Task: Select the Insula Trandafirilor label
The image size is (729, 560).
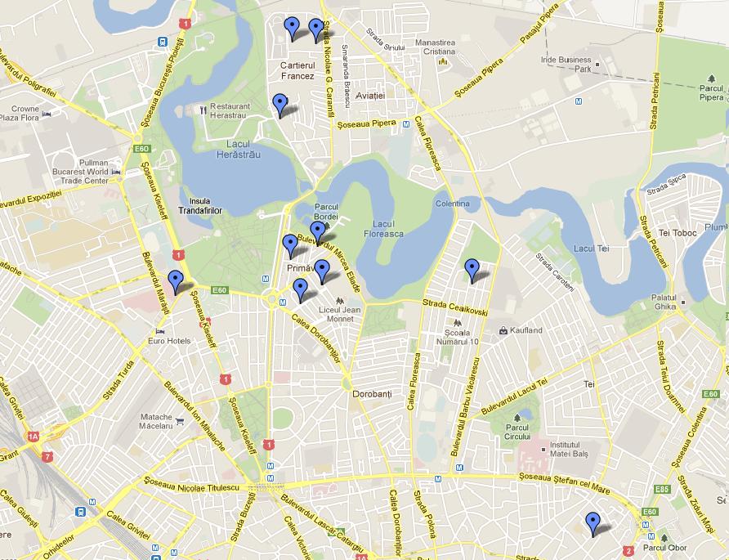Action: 199,205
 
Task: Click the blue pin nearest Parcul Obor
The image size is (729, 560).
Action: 593,523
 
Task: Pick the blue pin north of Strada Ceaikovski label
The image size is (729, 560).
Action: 472,269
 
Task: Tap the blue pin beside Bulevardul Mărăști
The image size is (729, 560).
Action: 175,281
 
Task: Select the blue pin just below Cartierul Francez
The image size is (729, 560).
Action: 280,105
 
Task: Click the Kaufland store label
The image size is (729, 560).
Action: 526,330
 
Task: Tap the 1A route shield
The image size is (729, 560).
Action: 34,437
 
